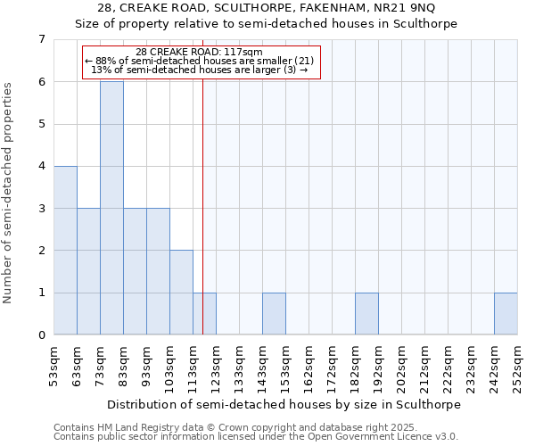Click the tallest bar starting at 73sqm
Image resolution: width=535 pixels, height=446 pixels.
point(111,208)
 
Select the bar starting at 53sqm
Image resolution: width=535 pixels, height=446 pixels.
point(65,250)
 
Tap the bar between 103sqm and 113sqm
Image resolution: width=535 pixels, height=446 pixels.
point(181,293)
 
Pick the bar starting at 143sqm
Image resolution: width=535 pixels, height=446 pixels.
point(274,314)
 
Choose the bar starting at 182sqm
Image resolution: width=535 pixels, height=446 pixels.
point(366,314)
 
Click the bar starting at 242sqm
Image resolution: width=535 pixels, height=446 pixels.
point(506,314)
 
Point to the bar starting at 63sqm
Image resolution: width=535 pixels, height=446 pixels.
point(88,271)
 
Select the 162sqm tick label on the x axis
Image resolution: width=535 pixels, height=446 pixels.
point(309,366)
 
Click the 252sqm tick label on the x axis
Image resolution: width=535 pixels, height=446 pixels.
point(517,366)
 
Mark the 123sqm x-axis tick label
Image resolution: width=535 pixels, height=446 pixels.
point(216,366)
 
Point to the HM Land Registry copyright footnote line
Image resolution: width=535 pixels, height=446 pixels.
point(233,427)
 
